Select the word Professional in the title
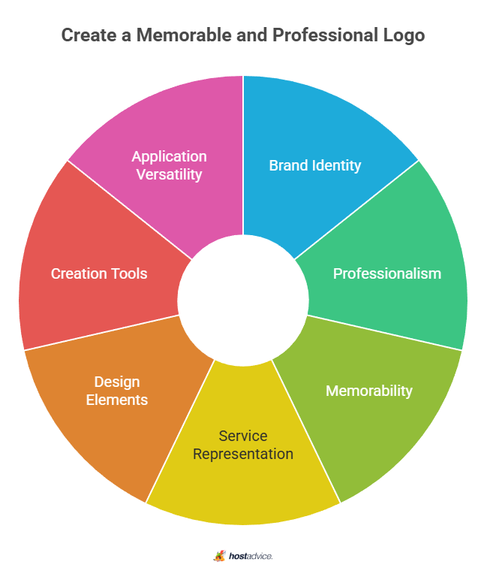click(x=326, y=35)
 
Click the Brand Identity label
click(x=315, y=165)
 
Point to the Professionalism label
click(x=387, y=273)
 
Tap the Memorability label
click(x=369, y=391)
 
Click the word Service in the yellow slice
click(x=243, y=436)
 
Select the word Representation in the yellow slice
click(x=243, y=454)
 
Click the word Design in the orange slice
click(x=117, y=382)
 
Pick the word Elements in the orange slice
click(x=117, y=400)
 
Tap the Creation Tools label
click(x=99, y=273)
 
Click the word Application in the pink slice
click(x=169, y=157)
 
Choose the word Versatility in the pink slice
click(x=169, y=174)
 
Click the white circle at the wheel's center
click(x=243, y=301)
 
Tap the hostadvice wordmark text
click(x=251, y=556)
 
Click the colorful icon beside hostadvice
click(x=219, y=556)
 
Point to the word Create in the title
click(x=89, y=35)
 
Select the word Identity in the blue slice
click(x=337, y=165)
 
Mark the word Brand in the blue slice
click(x=289, y=165)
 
